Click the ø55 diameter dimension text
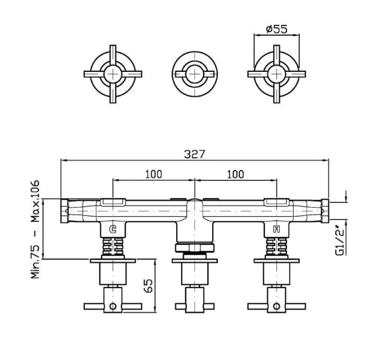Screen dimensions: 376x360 (277, 29)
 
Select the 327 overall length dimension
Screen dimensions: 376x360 (194, 155)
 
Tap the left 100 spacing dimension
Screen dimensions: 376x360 (154, 174)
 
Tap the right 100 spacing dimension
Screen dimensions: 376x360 (235, 174)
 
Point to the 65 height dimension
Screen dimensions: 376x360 (149, 285)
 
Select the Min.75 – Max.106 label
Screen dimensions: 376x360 (35, 229)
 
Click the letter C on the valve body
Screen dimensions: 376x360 (113, 229)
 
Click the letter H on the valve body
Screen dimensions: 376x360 (277, 229)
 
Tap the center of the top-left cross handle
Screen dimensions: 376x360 (113, 74)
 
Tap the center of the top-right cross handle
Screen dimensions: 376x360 (277, 74)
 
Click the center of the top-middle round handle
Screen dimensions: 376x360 (194, 74)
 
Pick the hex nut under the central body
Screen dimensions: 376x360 (194, 248)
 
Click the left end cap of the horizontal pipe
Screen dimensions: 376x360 (64, 211)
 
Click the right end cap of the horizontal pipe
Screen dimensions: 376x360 (324, 211)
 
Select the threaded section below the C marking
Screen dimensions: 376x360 (113, 247)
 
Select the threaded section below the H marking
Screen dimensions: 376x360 (277, 247)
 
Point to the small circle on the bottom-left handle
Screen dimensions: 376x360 (113, 306)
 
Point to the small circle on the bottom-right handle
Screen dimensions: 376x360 (277, 306)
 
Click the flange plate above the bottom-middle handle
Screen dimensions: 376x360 (194, 261)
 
